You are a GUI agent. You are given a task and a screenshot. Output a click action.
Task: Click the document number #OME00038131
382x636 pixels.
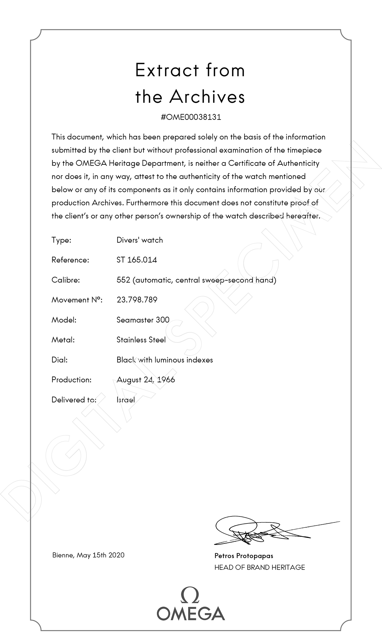coord(191,117)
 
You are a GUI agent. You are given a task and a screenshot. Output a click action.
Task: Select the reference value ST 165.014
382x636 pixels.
coord(137,260)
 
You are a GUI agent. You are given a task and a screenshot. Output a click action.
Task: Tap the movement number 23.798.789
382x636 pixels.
coord(137,300)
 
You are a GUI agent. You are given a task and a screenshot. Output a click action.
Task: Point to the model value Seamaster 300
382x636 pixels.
coord(143,320)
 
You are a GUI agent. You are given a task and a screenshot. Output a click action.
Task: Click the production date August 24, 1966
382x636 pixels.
coord(146,380)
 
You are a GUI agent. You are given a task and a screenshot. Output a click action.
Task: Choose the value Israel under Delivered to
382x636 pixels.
coord(125,400)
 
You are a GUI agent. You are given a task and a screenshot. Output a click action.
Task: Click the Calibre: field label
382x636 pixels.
coord(66,280)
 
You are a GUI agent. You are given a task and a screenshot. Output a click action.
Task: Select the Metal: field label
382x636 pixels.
coord(63,340)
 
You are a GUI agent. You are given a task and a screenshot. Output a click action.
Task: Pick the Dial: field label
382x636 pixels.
coord(60,360)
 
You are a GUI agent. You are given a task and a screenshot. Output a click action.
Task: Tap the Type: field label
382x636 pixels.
coord(61,240)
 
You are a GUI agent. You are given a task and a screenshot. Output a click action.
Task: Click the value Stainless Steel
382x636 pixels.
coord(141,340)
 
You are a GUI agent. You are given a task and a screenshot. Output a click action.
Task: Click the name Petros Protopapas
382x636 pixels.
coord(244,556)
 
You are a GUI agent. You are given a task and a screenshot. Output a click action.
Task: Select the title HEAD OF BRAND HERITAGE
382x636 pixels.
coord(259,567)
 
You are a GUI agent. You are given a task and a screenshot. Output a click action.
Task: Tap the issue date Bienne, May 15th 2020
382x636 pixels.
coord(88,555)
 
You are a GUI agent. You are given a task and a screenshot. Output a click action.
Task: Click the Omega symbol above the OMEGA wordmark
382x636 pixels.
coord(191,595)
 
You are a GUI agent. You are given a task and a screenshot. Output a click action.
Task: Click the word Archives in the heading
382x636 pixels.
coord(207,97)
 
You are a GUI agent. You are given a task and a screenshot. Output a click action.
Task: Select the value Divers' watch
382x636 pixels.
coord(140,240)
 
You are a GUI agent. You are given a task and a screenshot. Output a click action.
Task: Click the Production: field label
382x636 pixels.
coord(71,380)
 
